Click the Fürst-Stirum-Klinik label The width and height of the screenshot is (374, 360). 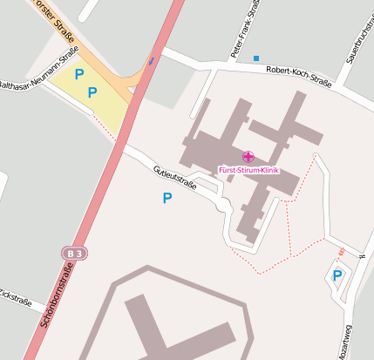[248, 169]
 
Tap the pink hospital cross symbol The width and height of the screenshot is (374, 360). [248, 157]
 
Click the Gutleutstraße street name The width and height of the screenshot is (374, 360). [174, 178]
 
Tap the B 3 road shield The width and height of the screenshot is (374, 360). [75, 253]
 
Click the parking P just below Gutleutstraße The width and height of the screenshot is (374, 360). [167, 199]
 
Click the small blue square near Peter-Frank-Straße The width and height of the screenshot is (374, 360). [256, 58]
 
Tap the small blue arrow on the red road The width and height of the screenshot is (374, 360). [152, 60]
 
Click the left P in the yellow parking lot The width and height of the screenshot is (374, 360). [79, 75]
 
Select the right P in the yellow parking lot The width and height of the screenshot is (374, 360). [92, 91]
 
